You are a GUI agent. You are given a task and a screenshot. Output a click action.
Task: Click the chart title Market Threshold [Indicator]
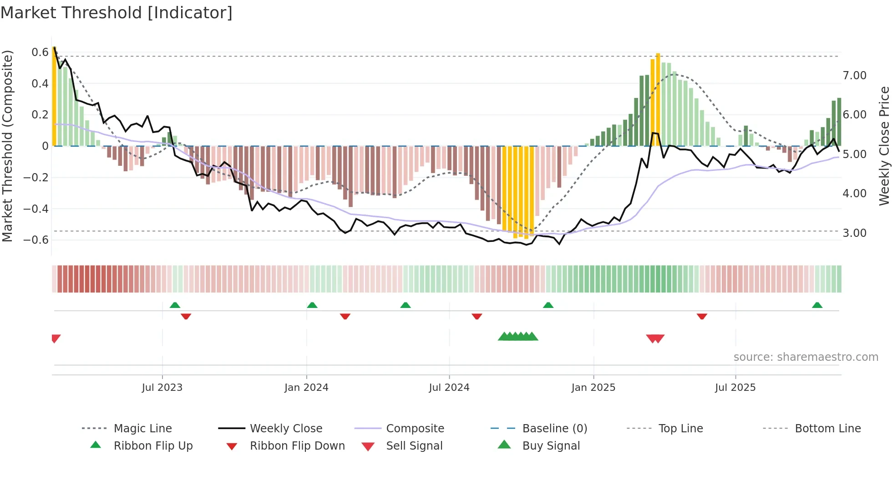(x=117, y=13)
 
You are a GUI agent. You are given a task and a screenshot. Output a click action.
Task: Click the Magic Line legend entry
(x=142, y=429)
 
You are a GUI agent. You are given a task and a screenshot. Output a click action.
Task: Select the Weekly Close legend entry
(x=286, y=429)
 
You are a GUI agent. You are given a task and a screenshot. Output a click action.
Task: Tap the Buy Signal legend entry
(x=551, y=446)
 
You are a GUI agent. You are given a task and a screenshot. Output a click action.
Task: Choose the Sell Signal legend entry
(x=414, y=446)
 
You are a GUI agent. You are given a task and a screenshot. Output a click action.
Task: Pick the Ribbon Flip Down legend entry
(x=297, y=446)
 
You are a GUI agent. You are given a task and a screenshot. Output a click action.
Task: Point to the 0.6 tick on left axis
(x=40, y=52)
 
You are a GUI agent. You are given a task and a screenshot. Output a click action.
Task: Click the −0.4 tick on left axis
(x=36, y=209)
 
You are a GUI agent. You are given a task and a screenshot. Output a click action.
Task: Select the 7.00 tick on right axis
(x=854, y=76)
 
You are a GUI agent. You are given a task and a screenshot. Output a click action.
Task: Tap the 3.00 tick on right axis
(x=854, y=233)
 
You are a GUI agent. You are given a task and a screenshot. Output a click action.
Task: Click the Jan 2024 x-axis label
(x=306, y=388)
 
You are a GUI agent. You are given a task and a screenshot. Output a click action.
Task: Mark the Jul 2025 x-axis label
(x=735, y=388)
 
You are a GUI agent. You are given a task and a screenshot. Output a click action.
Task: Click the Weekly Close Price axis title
(x=884, y=146)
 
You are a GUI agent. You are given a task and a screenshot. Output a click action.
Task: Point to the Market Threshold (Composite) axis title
(x=7, y=146)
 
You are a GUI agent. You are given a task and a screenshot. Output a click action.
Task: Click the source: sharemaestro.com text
(x=806, y=357)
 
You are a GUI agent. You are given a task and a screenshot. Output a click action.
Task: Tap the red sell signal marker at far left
(x=56, y=338)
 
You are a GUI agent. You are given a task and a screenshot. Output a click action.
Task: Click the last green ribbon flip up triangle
(x=817, y=305)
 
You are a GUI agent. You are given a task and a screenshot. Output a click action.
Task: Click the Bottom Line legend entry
(x=827, y=429)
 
